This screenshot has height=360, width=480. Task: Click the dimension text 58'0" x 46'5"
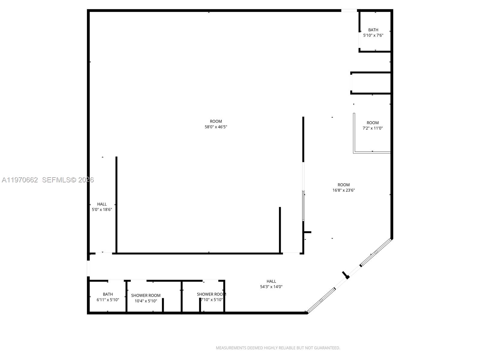tap(216, 127)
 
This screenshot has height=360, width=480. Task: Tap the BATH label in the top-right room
tap(373, 30)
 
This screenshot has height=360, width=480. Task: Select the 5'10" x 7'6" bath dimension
tap(373, 35)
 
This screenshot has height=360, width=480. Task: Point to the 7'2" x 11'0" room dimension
tap(373, 128)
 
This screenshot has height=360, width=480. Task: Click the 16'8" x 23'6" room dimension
tap(343, 190)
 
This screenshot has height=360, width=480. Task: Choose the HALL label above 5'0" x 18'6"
tap(102, 204)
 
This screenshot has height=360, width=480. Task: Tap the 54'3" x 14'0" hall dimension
tap(271, 286)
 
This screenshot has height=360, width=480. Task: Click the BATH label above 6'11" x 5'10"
tap(108, 294)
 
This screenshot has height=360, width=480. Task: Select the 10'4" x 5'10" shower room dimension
tap(146, 301)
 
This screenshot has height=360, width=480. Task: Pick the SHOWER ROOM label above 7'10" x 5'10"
tap(211, 294)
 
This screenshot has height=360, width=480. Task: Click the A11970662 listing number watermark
tap(20, 180)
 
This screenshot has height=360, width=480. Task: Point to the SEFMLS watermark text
tap(56, 180)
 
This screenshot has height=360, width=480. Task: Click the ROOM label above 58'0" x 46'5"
tap(216, 121)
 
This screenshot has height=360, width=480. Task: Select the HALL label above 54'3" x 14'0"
tap(271, 281)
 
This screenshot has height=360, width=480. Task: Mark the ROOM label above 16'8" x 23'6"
tap(343, 185)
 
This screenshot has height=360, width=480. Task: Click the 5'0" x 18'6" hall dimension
tap(102, 209)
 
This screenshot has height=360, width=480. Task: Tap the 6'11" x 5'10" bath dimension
tap(108, 299)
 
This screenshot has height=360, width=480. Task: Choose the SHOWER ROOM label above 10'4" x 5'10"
tap(146, 295)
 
